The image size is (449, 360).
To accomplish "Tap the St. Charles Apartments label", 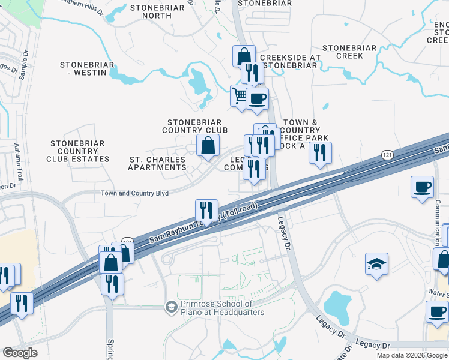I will click(157, 163).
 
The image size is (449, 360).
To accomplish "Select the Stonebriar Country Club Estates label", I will click(78, 151).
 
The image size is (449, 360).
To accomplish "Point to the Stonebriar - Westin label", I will click(83, 68).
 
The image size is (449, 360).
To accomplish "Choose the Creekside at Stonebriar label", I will click(289, 61).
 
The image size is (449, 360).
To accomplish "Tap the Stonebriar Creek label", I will click(349, 52).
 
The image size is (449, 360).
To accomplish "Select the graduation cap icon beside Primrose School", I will click(172, 307).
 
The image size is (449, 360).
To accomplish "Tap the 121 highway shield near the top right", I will click(387, 155).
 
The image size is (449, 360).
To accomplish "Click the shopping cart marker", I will click(240, 95).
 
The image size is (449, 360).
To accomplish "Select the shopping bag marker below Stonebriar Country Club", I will click(207, 145).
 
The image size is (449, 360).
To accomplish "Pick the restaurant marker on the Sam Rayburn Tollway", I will click(206, 211).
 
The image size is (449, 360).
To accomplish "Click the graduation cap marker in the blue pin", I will click(376, 263).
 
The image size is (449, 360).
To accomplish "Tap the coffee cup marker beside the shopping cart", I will click(257, 98).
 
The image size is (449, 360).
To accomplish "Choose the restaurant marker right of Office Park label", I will click(320, 152).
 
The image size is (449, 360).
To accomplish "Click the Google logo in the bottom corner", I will click(19, 353).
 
